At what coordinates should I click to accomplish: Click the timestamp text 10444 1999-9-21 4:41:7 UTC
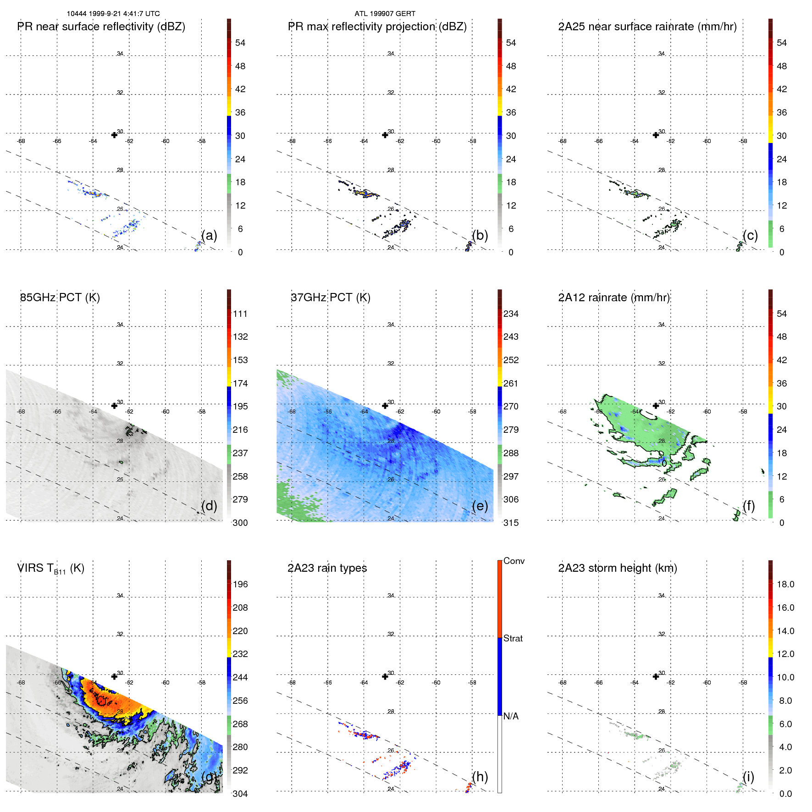coord(113,14)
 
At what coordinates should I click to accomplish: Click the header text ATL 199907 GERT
coord(385,14)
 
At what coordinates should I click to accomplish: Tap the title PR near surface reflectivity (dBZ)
coord(101,27)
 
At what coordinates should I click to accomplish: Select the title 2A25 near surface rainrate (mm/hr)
coord(647,27)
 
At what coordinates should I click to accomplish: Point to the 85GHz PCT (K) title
coord(60,298)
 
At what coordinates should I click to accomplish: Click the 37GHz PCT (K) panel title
coord(331,298)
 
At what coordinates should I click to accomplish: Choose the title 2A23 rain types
coord(327,568)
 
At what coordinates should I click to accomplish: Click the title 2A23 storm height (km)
coord(618,568)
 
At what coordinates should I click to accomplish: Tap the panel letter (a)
coord(209,236)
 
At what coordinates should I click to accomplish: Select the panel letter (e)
coord(480,506)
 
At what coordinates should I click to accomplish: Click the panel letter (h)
coord(480,777)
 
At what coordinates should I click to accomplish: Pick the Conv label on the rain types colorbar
coord(514,561)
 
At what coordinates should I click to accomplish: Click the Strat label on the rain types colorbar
coord(513,638)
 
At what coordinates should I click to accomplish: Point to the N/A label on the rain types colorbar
coord(511,716)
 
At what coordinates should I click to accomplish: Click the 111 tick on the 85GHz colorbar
coord(240,314)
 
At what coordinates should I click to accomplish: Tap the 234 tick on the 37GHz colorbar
coord(511,314)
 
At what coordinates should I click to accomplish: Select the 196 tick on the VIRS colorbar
coord(240,584)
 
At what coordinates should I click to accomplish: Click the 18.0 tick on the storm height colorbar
coord(785,584)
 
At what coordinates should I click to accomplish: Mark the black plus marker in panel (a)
coord(114,135)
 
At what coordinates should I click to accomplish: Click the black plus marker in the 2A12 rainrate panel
coord(656,406)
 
